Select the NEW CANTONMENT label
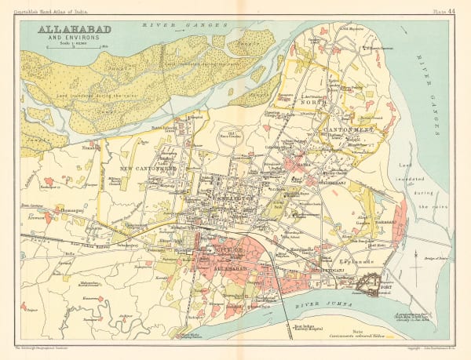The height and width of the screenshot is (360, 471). [x=152, y=167]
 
